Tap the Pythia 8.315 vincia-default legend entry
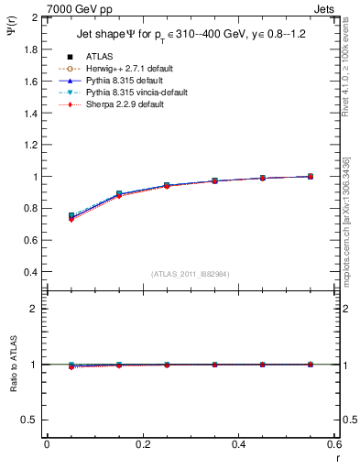click(x=136, y=93)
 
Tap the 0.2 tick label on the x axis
click(x=142, y=444)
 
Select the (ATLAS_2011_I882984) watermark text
click(x=191, y=274)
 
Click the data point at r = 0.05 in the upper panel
click(x=71, y=216)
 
